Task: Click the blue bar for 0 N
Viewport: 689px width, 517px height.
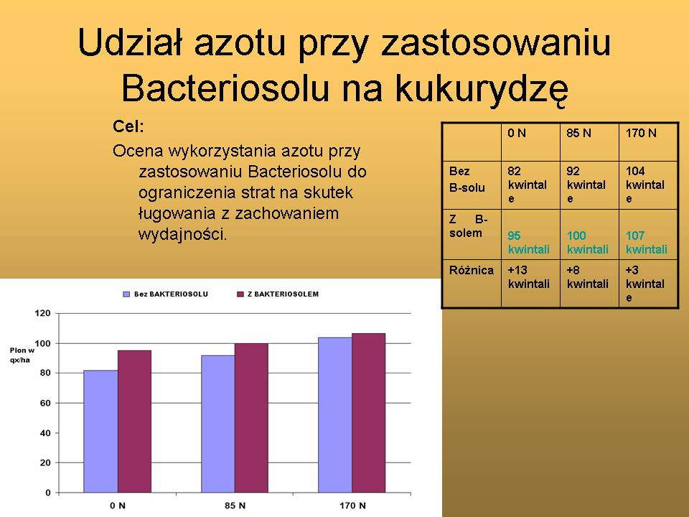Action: (x=100, y=432)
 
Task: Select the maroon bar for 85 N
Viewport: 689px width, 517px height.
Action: (x=251, y=418)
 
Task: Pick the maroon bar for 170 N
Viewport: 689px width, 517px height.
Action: (x=369, y=413)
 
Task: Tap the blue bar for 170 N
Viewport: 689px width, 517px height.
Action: (x=335, y=415)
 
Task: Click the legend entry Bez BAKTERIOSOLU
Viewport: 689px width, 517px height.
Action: (x=166, y=294)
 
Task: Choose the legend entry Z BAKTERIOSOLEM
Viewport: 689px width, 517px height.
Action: (x=278, y=294)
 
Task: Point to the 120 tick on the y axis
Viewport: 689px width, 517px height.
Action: (x=42, y=314)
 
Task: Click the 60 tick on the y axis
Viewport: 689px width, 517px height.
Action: (x=45, y=403)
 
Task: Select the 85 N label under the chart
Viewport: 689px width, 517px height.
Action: (x=235, y=506)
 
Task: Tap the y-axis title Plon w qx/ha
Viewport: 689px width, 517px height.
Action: (x=22, y=355)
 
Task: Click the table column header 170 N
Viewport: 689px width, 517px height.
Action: (x=641, y=134)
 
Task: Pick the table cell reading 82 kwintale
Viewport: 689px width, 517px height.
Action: (x=528, y=185)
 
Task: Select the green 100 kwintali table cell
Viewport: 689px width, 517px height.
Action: (x=588, y=242)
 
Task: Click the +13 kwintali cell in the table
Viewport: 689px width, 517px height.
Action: (x=529, y=277)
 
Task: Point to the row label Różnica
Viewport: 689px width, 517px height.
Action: (x=471, y=271)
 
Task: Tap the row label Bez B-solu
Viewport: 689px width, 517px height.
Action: (x=467, y=180)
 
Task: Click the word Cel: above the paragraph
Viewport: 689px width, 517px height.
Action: (x=128, y=126)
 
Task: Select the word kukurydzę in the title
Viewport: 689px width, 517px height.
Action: (x=481, y=89)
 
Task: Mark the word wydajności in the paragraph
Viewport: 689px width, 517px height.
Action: (x=182, y=234)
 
